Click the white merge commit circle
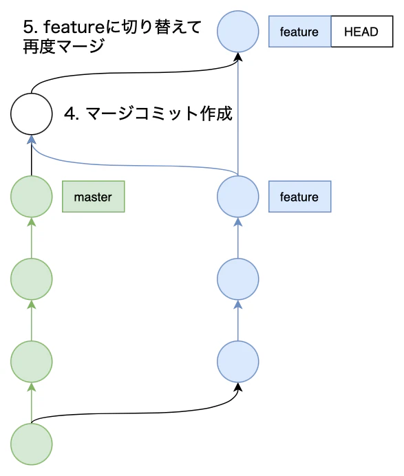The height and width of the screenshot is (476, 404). click(32, 114)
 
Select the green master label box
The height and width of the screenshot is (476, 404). click(93, 197)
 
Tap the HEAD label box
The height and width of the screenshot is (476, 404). click(361, 32)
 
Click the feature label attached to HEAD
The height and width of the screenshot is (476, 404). click(299, 32)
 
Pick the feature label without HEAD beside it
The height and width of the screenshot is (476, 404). click(299, 197)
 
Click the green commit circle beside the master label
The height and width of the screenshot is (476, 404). click(32, 197)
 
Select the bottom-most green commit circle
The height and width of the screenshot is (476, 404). click(32, 444)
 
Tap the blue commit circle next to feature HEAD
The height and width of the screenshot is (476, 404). click(238, 32)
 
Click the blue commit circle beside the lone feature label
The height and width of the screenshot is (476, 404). click(238, 197)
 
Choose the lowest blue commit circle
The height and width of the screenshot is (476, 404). click(238, 361)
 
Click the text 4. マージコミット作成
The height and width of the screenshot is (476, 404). click(148, 114)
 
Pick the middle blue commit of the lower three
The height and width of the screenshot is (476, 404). click(238, 279)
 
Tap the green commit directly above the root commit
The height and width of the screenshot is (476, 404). click(32, 361)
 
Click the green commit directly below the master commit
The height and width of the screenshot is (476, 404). click(32, 279)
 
